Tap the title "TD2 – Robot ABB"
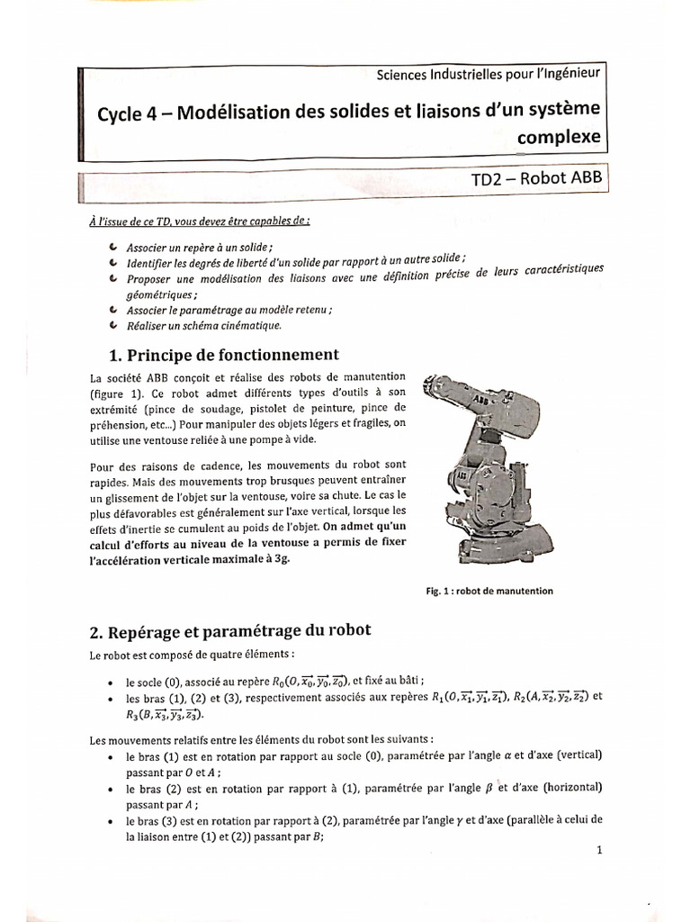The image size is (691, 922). (533, 178)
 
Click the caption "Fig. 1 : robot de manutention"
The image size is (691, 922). (489, 591)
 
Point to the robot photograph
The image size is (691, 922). (481, 469)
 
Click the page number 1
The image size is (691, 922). (598, 851)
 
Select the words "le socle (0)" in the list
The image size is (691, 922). (157, 681)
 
